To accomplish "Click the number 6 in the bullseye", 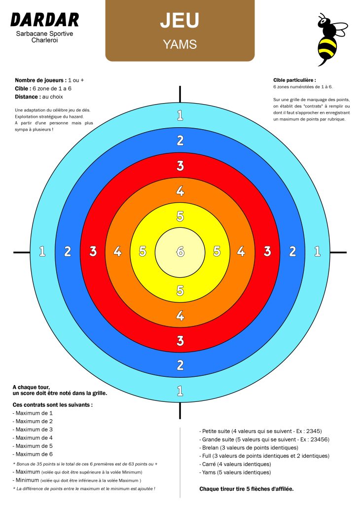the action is (x=180, y=252).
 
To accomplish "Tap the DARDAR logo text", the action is (x=45, y=20).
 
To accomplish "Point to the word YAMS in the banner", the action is (x=180, y=44).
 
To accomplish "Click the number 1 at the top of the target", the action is (x=180, y=115).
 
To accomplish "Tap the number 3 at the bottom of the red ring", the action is (x=180, y=340).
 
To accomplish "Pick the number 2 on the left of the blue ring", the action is (x=67, y=251).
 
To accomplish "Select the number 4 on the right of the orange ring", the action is (x=241, y=251).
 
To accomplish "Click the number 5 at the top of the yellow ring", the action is (x=180, y=216).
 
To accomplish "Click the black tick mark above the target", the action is (x=180, y=94).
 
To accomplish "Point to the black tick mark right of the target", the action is (x=338, y=252).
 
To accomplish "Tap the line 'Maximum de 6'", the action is (x=33, y=454).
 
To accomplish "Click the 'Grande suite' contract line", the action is (x=264, y=439).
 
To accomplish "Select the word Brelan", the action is (x=210, y=448).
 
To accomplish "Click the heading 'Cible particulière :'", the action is (x=294, y=80).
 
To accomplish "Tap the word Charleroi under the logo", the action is (x=44, y=40).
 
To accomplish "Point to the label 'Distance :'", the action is (x=28, y=97).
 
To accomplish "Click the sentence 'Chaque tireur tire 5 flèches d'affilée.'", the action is (x=247, y=489).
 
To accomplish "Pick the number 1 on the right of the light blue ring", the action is (x=318, y=251).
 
